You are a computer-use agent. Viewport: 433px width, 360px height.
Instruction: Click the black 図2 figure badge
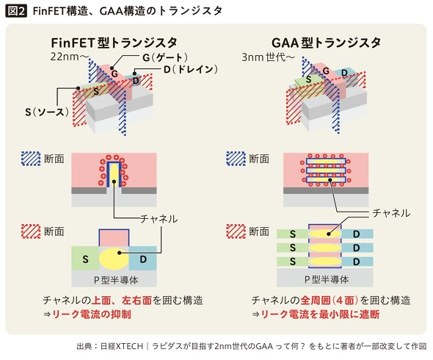(x=16, y=11)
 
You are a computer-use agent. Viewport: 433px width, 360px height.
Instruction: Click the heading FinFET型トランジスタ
(x=114, y=43)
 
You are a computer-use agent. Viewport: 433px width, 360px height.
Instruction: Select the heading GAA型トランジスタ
(x=326, y=43)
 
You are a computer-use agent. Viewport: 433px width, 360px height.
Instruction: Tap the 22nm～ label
(x=69, y=57)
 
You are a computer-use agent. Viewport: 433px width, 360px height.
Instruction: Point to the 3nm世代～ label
(x=268, y=57)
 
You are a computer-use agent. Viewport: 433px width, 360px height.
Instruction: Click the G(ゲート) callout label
(x=165, y=57)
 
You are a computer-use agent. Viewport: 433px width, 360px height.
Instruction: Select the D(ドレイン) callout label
(x=191, y=69)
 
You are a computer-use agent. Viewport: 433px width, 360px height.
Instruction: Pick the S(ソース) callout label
(x=47, y=112)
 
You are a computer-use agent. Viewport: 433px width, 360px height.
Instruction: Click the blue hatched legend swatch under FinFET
(x=31, y=159)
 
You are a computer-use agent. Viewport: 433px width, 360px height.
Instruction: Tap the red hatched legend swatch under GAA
(x=236, y=231)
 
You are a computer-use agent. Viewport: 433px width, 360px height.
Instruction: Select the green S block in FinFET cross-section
(x=85, y=259)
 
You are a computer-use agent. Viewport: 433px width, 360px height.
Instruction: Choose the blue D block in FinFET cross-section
(x=143, y=259)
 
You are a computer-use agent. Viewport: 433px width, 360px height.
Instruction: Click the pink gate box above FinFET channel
(x=114, y=237)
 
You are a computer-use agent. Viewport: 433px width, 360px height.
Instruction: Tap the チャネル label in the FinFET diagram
(x=159, y=219)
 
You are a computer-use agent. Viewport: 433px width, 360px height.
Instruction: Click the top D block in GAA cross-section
(x=357, y=234)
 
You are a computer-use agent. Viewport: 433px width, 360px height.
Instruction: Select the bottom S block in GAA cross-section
(x=292, y=262)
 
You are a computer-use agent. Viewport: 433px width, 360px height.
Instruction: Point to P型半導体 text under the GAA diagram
(x=326, y=279)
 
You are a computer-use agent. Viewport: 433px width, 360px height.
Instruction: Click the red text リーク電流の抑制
(x=92, y=314)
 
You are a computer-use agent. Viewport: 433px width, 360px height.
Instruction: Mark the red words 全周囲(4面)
(x=330, y=300)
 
